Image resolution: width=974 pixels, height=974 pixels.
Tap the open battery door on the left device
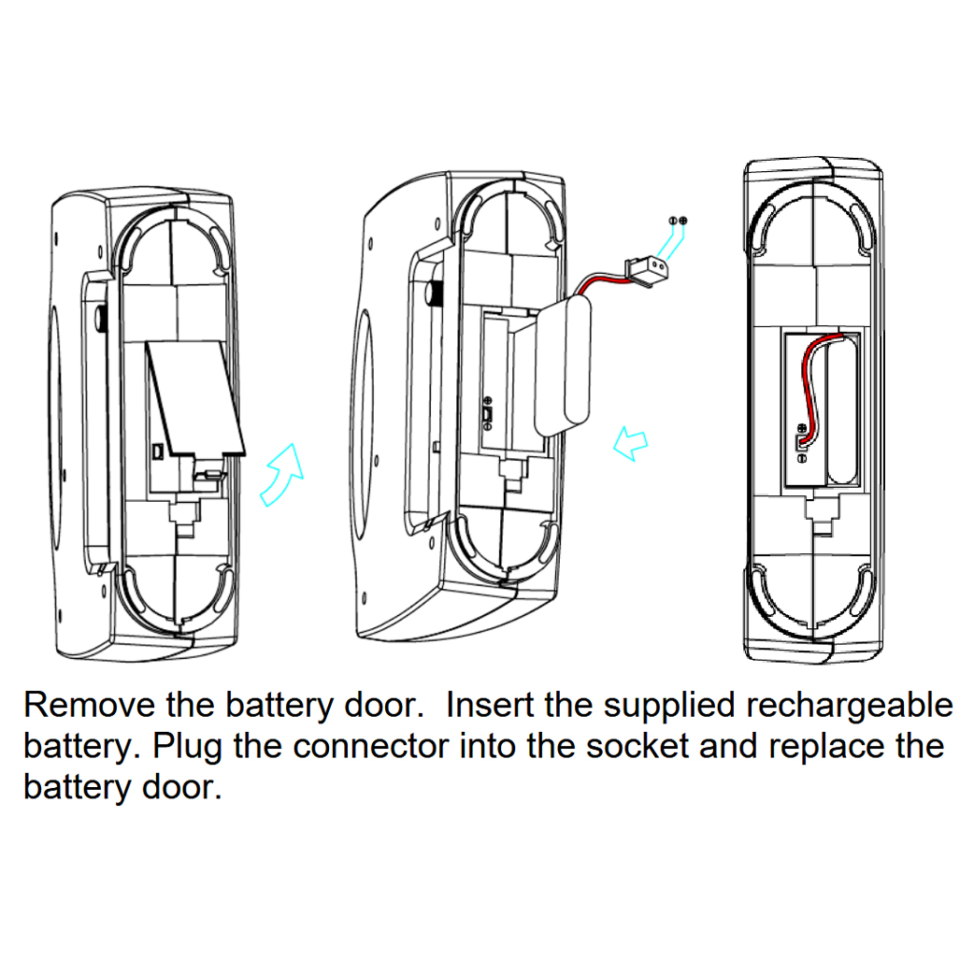coord(197,398)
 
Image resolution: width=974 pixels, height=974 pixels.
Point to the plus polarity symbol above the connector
coord(683,220)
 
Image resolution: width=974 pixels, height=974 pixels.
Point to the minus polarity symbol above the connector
coord(672,220)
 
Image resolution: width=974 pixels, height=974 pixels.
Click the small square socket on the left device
coord(159,451)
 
